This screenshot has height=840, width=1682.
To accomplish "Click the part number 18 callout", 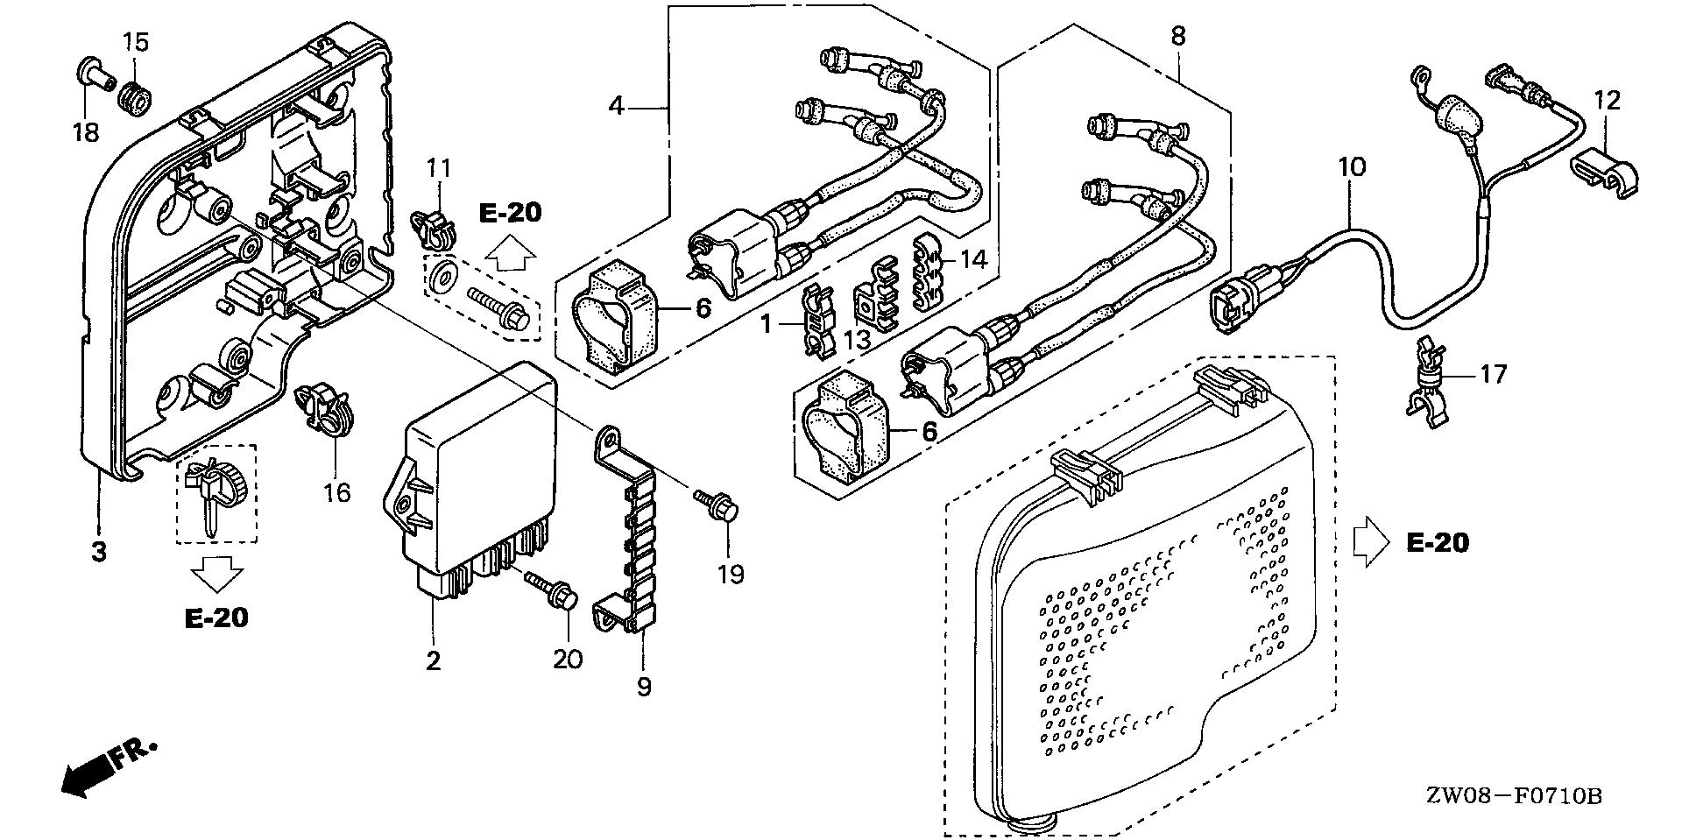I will [86, 133].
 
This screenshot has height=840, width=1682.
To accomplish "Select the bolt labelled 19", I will [721, 505].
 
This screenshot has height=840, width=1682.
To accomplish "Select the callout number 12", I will [1607, 101].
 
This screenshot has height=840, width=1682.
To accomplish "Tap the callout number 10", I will [1351, 166].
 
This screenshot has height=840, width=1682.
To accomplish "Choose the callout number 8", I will [1178, 36].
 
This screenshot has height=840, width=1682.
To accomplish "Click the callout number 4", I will [617, 107].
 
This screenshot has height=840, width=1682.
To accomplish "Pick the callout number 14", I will [973, 259].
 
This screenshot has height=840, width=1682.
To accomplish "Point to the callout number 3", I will [99, 552].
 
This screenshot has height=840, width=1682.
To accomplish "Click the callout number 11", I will [438, 166].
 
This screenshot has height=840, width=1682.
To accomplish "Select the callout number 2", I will [433, 660].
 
